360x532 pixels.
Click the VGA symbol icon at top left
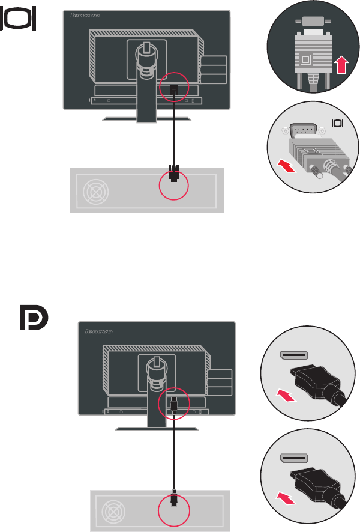click(21, 20)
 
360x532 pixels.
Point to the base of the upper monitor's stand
click(146, 119)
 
